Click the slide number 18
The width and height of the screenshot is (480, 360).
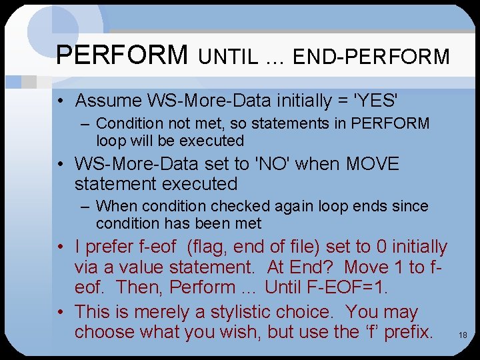tap(463, 335)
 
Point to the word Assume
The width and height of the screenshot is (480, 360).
tap(109, 101)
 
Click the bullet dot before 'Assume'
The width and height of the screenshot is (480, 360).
tap(61, 101)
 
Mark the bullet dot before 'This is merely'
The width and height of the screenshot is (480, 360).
tap(61, 312)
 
